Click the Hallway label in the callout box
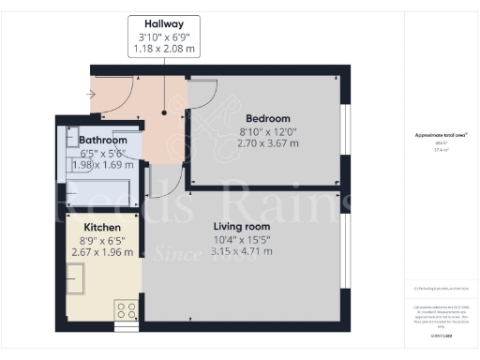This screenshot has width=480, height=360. [x=163, y=23]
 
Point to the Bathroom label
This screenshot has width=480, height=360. [x=104, y=140]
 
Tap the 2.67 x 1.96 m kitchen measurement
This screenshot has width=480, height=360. [x=103, y=252]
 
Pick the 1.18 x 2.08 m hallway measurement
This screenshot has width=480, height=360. [x=163, y=49]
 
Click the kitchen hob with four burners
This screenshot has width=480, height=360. [x=126, y=310]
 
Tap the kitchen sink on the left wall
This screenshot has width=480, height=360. [x=75, y=279]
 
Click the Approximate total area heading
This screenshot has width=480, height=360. [x=441, y=135]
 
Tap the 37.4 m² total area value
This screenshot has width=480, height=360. [x=441, y=150]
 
